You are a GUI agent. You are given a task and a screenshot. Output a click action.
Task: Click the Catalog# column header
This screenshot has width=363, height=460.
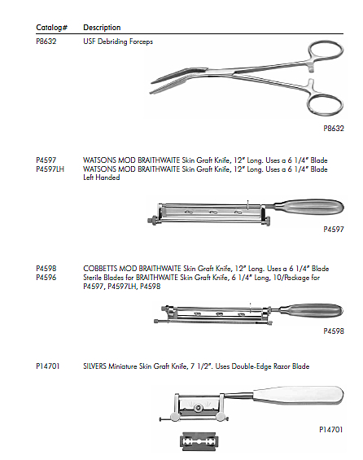(x=51, y=28)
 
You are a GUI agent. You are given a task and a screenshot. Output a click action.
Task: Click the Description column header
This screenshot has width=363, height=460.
(x=102, y=28)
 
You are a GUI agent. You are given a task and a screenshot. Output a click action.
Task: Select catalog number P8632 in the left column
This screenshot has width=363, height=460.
(x=46, y=42)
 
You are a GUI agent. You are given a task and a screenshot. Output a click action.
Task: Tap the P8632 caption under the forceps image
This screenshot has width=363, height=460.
(x=334, y=128)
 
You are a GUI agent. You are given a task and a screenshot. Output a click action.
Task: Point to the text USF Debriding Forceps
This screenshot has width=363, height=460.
(x=118, y=42)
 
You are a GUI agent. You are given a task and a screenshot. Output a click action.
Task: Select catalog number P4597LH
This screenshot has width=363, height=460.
(x=50, y=169)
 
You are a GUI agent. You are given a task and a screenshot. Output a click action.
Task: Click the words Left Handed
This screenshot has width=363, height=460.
(x=102, y=177)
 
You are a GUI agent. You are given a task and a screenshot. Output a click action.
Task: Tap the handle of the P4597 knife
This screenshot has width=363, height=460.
(x=308, y=207)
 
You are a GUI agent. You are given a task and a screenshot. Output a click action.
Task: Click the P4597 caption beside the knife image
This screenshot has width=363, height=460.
(x=334, y=229)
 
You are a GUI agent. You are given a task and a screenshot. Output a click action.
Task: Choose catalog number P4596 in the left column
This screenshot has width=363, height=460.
(x=46, y=278)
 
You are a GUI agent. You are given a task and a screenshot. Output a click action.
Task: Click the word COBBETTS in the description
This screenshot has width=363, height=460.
(x=100, y=269)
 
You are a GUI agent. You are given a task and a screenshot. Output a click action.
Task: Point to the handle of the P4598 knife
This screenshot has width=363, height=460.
(x=311, y=310)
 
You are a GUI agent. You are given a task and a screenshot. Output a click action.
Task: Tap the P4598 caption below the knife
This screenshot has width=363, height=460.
(x=334, y=331)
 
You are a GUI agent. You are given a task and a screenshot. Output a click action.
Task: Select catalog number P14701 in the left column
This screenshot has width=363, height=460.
(x=47, y=366)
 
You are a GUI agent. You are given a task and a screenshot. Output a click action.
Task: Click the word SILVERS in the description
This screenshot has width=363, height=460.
(x=94, y=366)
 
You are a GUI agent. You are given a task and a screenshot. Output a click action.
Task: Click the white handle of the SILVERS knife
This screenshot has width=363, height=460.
(x=299, y=396)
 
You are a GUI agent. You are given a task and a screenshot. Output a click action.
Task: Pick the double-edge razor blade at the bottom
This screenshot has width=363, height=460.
(x=199, y=441)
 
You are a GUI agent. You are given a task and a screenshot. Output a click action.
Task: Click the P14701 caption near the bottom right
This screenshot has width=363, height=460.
(x=330, y=430)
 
